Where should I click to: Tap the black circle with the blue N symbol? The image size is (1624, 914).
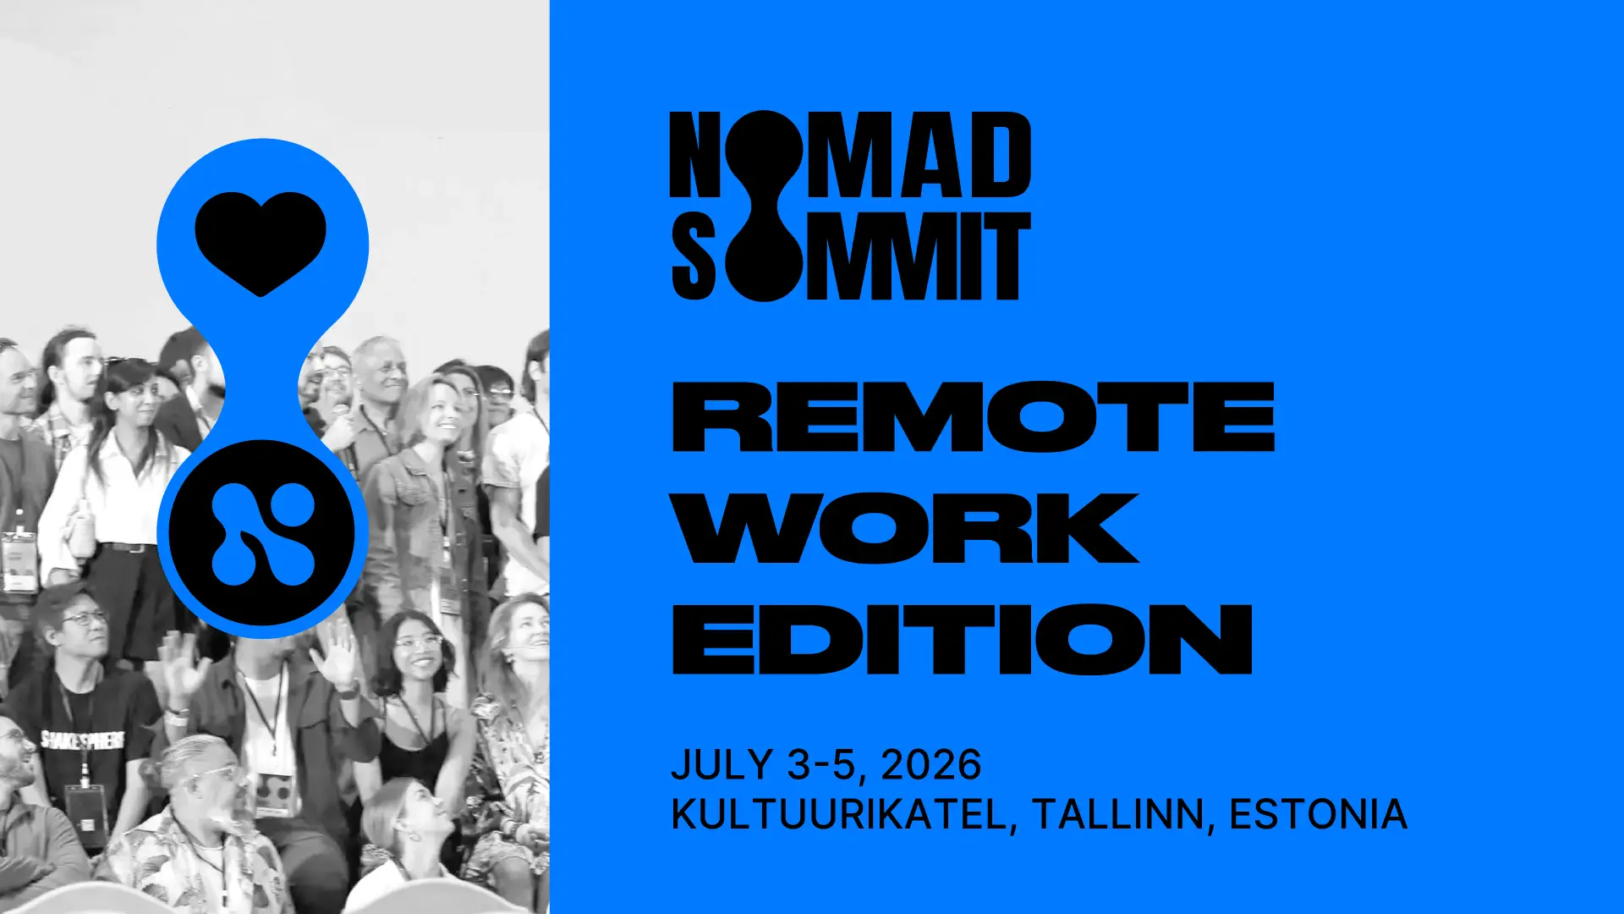[262, 533]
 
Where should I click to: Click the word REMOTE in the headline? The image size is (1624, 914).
[973, 416]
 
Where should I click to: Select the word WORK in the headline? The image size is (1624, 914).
[906, 528]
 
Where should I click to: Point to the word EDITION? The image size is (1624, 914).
[962, 639]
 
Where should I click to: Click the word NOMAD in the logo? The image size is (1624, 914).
[850, 157]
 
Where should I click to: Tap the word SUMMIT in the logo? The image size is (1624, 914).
[850, 256]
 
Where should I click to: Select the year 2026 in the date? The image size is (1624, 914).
[931, 765]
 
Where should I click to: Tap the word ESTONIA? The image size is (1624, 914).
[1318, 815]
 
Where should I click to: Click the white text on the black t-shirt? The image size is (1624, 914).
[83, 741]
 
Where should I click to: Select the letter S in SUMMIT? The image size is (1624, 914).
[694, 256]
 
